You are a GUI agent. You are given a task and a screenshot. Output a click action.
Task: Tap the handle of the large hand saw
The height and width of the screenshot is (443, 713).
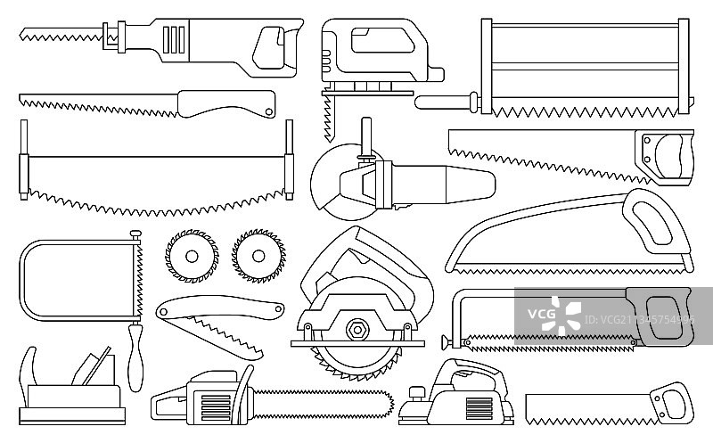coord(672,152)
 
